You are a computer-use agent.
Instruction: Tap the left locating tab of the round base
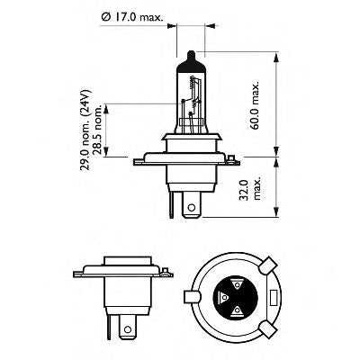click(x=190, y=296)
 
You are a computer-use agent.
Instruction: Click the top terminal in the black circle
click(x=237, y=282)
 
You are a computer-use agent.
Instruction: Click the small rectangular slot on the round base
click(x=270, y=296)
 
